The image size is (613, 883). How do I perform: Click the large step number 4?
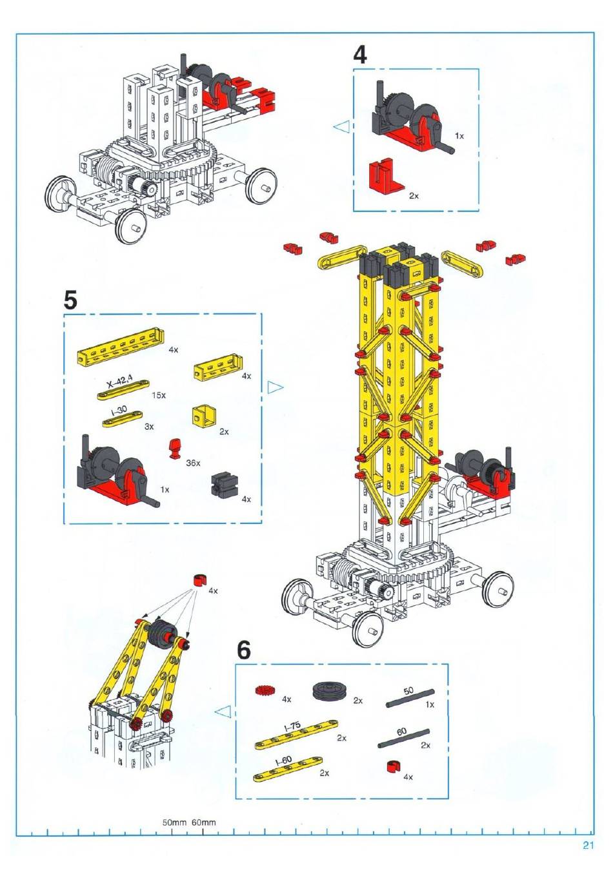tap(359, 55)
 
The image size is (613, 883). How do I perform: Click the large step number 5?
tap(70, 301)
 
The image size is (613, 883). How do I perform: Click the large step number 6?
tap(243, 650)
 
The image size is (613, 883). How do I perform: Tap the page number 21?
tap(588, 845)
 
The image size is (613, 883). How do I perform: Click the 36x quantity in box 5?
tap(193, 463)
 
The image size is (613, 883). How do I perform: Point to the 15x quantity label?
tap(159, 395)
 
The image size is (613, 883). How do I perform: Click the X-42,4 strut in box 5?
tap(123, 390)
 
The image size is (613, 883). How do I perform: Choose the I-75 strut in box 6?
tap(296, 734)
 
